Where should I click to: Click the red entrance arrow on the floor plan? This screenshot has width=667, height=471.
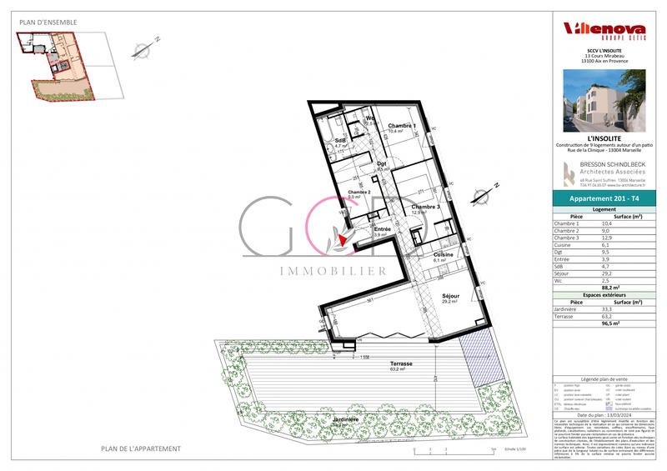[342, 240]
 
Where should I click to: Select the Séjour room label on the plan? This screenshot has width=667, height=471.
[451, 296]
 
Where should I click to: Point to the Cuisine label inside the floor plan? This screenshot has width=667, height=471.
[443, 254]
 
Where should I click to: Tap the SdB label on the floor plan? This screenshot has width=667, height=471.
[340, 140]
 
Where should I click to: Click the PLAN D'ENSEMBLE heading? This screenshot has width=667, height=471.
[48, 22]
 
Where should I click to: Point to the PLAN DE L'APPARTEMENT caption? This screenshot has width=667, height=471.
[141, 448]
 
